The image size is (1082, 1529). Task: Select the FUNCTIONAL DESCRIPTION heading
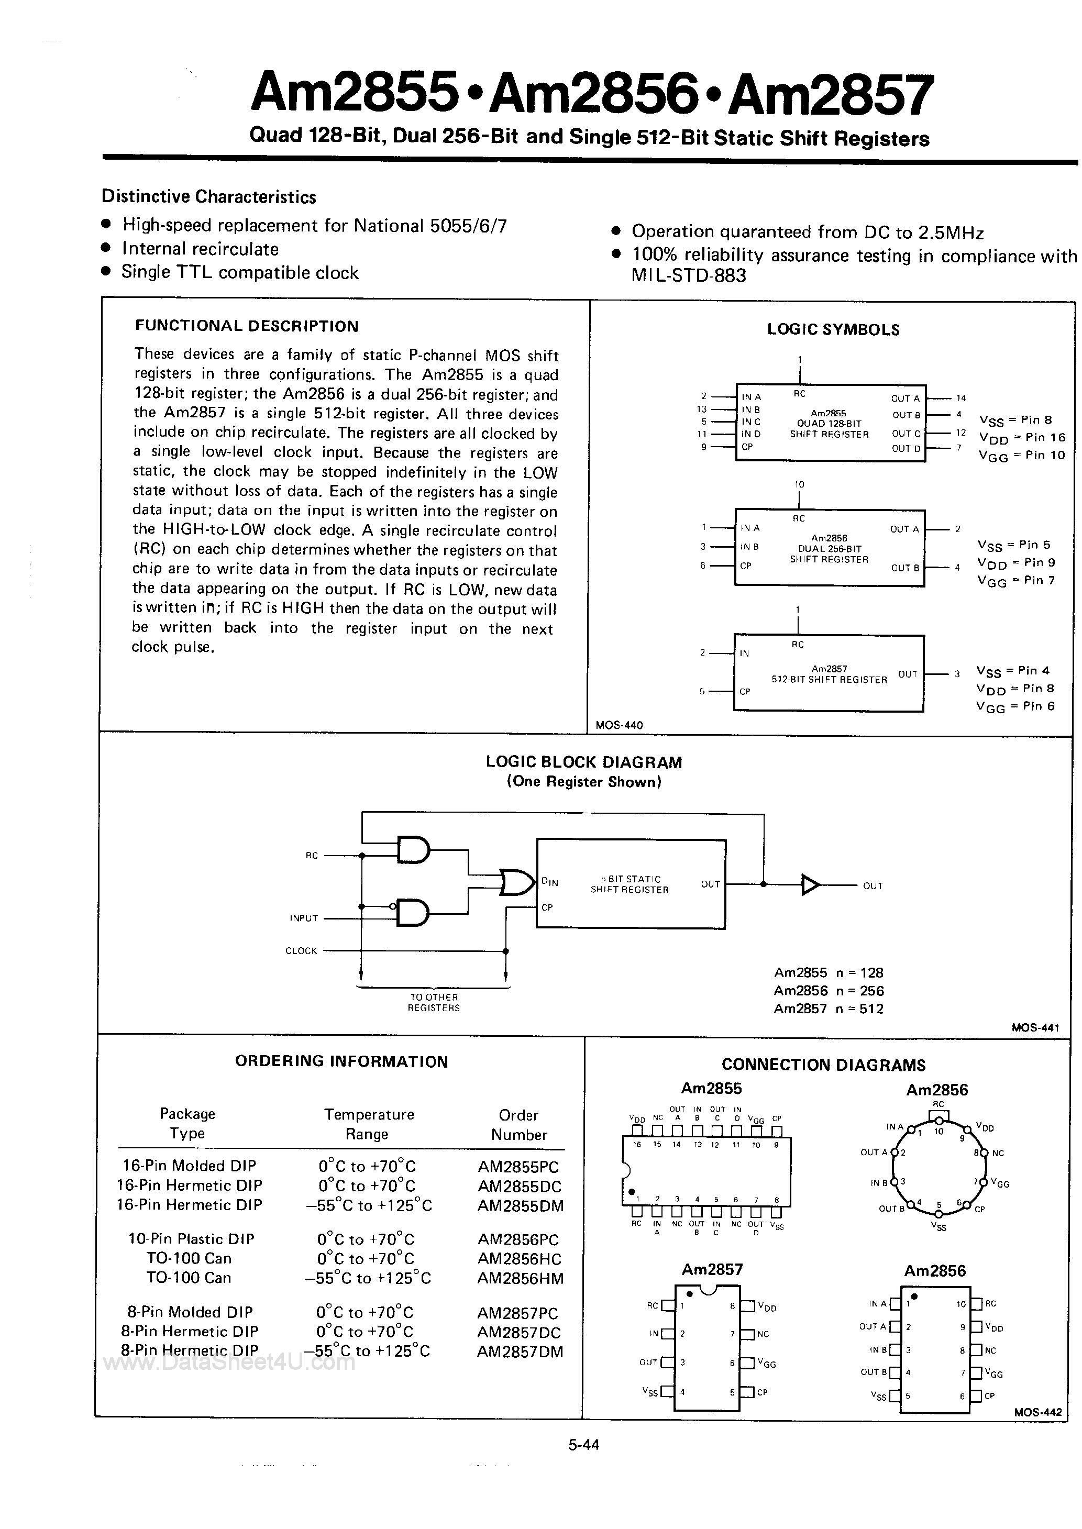coord(247,326)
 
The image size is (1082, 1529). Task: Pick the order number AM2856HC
coord(520,1259)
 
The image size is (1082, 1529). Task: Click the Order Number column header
coord(518,1125)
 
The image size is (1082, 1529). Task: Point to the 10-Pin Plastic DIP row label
coord(191,1239)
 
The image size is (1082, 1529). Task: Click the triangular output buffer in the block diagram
coord(810,885)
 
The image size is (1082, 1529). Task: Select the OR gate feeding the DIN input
coord(516,882)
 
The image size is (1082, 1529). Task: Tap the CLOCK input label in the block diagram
coord(301,950)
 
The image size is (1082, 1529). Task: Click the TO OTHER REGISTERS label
coord(434,1002)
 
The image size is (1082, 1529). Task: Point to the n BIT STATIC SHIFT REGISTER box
coord(630,884)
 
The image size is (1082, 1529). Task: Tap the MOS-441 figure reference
coord(1035,1027)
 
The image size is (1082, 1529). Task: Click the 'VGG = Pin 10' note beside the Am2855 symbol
coord(1021,456)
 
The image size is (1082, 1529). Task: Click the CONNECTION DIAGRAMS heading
coord(823,1065)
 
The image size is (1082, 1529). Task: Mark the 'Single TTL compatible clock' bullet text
coord(240,272)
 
